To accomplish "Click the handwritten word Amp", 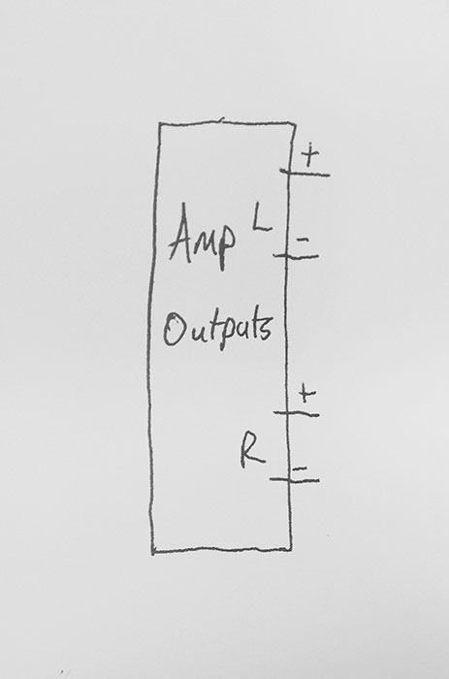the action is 203,237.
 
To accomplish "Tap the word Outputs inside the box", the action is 218,331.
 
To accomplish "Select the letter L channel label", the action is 262,221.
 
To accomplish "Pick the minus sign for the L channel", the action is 304,240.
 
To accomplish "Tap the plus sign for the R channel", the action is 307,394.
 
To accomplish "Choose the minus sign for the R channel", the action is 300,468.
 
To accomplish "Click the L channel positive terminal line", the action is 305,174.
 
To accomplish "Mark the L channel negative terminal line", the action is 296,256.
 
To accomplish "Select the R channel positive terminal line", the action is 297,414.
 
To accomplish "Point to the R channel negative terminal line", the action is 295,480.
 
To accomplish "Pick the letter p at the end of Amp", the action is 227,249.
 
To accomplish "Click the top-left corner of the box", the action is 159,124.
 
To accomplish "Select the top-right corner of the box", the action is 295,124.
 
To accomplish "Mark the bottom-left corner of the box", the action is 153,553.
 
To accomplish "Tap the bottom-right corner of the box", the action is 291,550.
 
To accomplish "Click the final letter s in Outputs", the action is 267,330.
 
